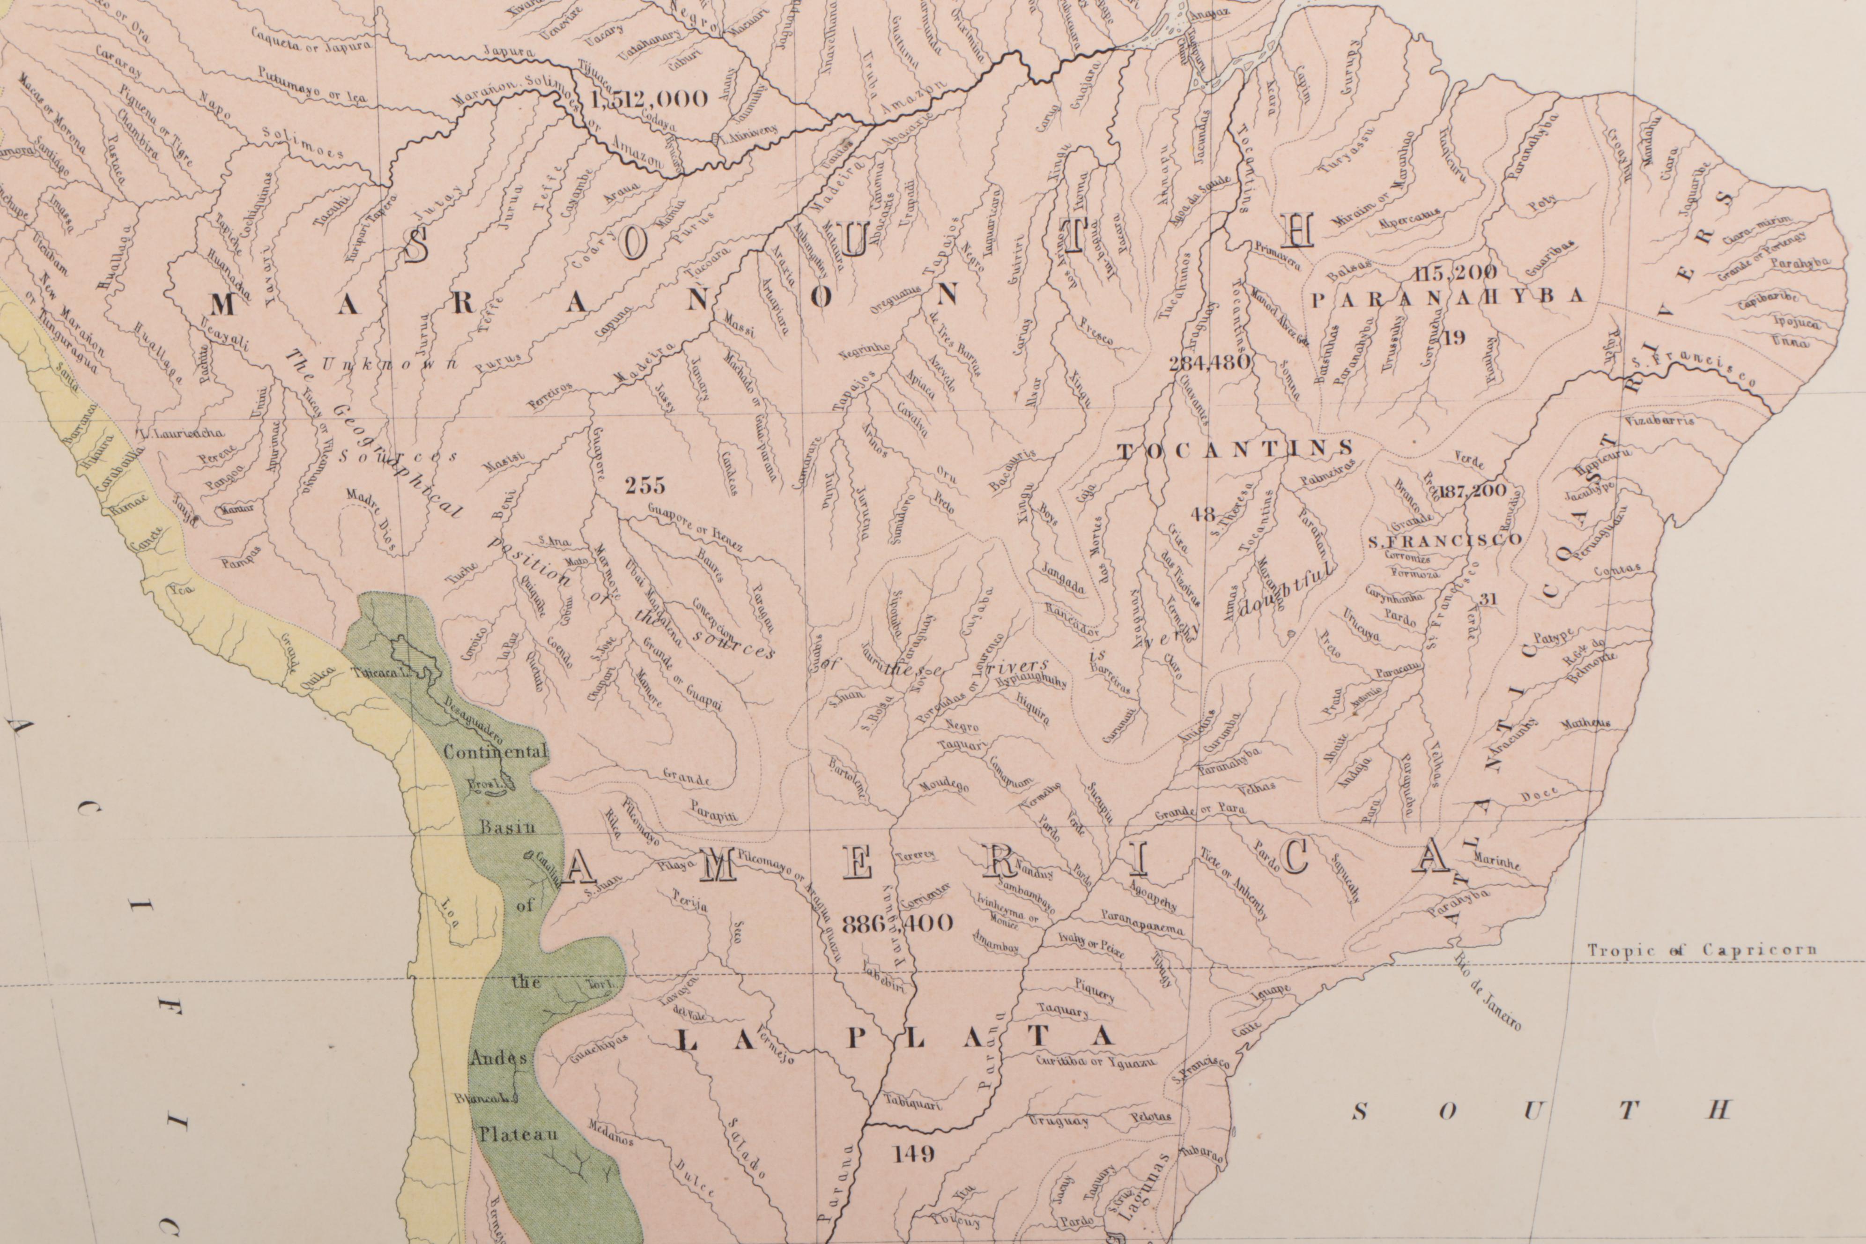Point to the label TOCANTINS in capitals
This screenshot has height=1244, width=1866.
point(1235,450)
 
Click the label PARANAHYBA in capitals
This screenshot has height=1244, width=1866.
point(1448,297)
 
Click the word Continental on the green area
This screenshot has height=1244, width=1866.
point(495,751)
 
